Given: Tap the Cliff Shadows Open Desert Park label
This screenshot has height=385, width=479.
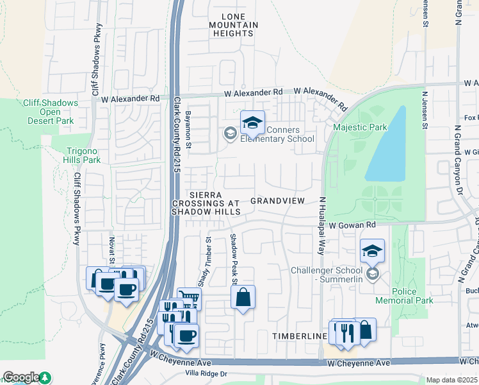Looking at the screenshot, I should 51,112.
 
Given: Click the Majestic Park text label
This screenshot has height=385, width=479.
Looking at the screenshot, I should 360,127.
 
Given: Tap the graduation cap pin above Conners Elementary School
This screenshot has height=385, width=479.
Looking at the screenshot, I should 252,123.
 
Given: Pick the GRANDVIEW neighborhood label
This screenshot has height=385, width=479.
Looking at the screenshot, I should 277,201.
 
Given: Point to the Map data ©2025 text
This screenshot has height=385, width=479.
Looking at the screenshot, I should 451,380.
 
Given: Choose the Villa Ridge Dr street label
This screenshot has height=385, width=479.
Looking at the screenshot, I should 206,373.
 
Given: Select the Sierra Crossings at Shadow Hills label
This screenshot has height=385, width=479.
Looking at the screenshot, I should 206,203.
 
